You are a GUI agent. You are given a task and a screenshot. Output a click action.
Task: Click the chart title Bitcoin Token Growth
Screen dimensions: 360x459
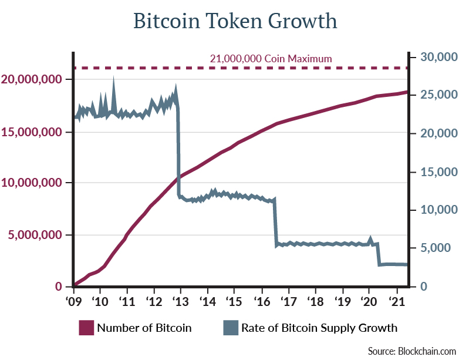235,21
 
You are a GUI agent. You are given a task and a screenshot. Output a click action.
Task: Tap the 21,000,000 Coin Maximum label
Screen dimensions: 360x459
271,59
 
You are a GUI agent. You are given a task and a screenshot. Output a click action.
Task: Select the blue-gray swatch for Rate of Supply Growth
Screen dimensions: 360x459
230,328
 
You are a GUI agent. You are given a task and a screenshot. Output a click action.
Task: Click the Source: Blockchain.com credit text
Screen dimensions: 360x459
410,351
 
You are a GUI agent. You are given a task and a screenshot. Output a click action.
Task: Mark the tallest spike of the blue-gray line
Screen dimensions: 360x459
113,81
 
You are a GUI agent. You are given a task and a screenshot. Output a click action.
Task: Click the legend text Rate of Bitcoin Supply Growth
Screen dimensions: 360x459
319,328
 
